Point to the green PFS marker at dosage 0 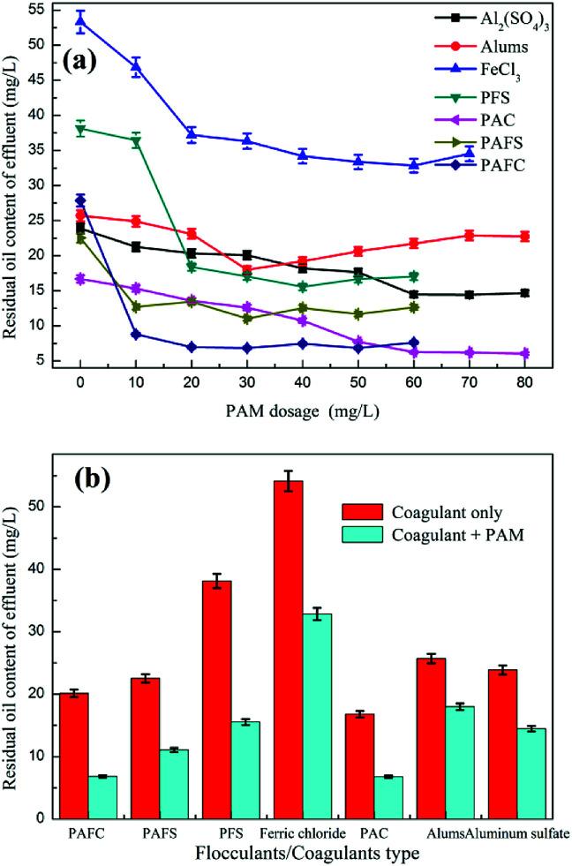point(80,129)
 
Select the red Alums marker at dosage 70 point(470,235)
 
